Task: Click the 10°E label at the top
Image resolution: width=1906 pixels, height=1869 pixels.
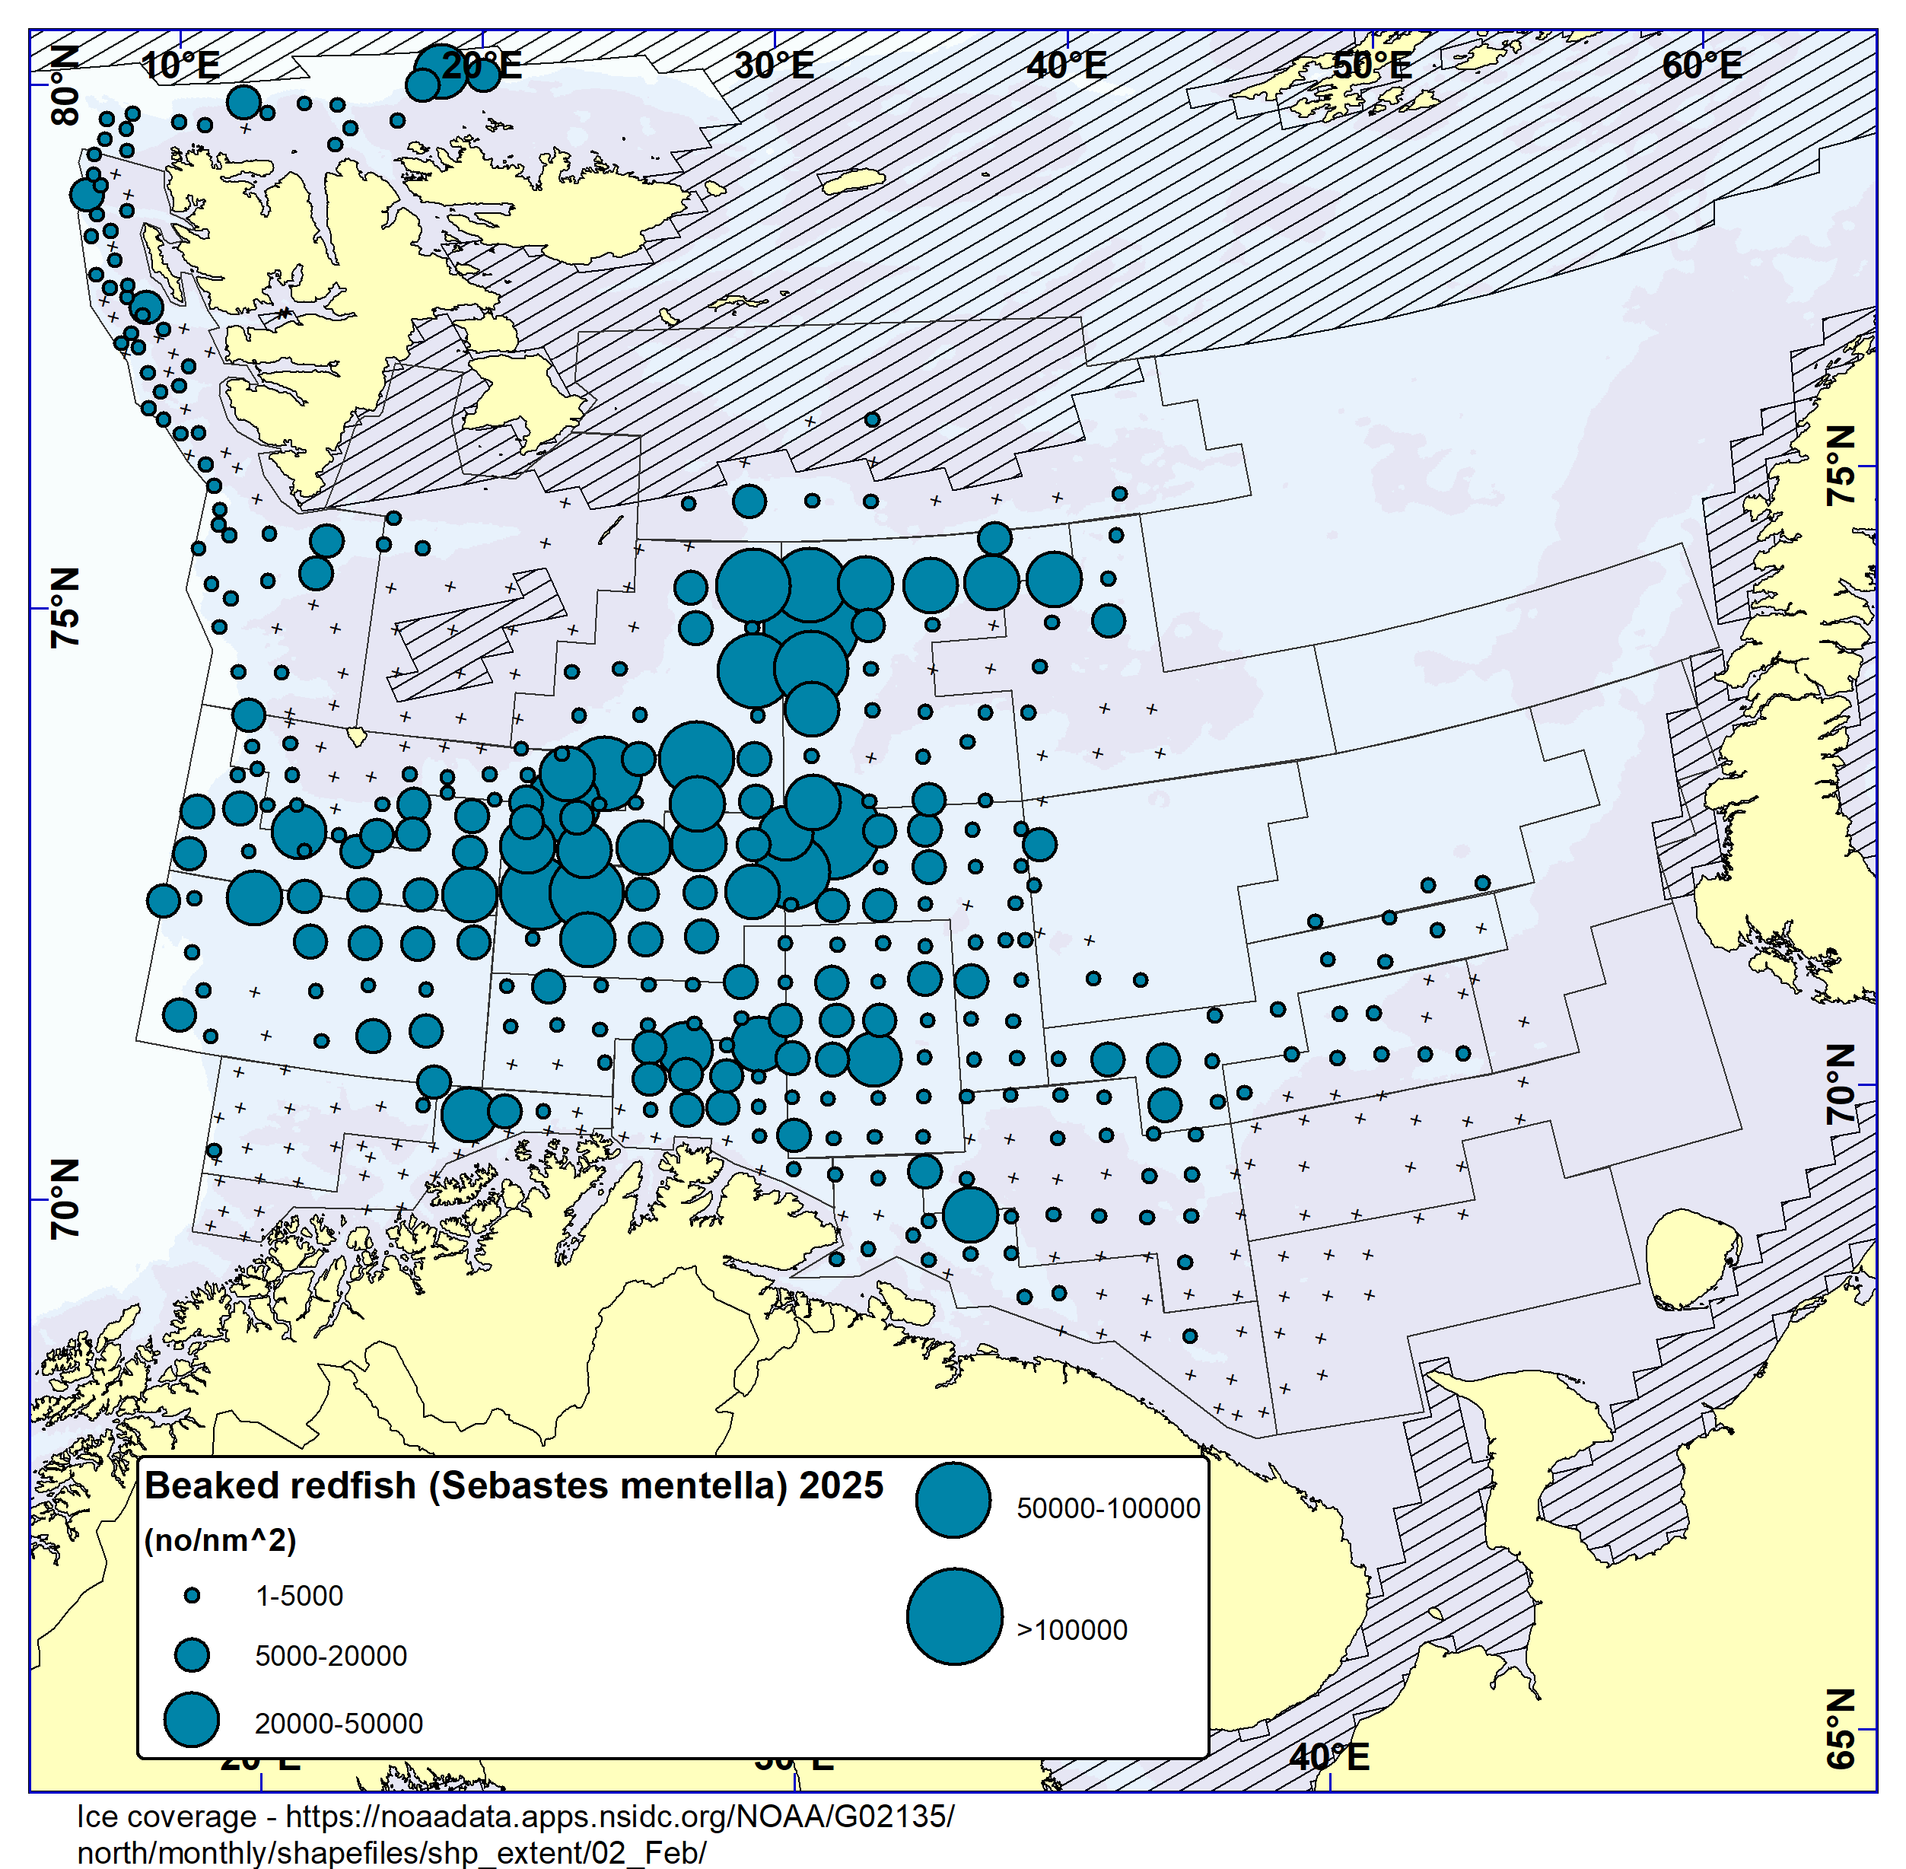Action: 180,65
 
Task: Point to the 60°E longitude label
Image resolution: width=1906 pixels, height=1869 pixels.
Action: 1702,65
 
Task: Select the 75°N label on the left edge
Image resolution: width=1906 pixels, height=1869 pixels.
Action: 65,607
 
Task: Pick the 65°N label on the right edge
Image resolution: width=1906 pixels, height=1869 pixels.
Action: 1841,1743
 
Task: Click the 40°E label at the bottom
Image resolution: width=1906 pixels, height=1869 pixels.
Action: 1329,1757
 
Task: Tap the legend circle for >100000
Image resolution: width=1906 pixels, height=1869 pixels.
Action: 954,1616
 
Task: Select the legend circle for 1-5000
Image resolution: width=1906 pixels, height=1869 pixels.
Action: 193,1596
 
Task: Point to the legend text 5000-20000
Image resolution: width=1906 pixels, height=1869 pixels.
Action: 331,1656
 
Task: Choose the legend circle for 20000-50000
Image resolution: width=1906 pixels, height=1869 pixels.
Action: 192,1720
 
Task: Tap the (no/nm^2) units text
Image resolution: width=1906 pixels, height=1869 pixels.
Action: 220,1540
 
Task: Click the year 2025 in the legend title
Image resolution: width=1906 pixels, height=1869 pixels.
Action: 841,1486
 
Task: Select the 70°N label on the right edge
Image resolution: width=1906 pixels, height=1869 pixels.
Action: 1841,1084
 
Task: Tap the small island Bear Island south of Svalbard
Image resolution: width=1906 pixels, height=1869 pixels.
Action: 358,734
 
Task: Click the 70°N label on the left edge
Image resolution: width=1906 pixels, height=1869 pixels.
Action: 65,1199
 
